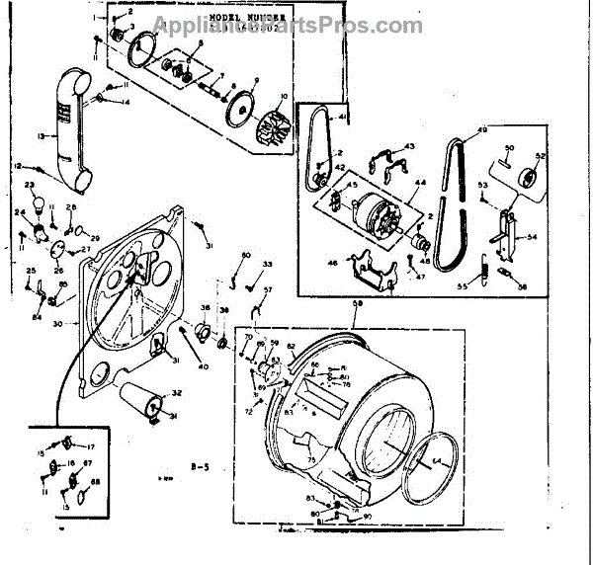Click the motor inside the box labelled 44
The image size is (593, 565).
click(375, 213)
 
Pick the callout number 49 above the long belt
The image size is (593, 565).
click(483, 131)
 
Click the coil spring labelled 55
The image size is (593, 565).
click(485, 268)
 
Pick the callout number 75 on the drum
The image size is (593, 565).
click(312, 460)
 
